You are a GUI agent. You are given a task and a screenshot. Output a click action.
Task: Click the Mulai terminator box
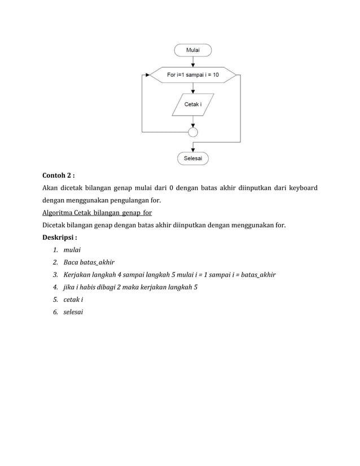193,50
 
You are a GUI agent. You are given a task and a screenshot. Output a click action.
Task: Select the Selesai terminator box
193,159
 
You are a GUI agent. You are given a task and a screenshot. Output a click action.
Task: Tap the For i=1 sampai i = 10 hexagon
193,74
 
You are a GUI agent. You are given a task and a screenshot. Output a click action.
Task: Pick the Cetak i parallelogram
193,104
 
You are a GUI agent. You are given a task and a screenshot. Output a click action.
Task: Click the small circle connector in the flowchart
193,132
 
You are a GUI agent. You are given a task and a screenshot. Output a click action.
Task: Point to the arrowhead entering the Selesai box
193,149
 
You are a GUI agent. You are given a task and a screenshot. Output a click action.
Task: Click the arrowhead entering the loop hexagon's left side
148,74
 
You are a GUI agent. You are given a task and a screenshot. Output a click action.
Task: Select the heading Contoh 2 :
59,175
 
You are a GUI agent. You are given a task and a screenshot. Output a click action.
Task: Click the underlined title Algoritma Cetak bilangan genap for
97,213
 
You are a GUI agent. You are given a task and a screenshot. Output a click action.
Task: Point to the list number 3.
55,275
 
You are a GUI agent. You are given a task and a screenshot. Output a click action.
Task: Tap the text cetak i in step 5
73,300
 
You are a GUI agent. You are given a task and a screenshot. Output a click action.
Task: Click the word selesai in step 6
73,312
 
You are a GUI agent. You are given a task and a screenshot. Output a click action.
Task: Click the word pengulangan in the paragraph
134,200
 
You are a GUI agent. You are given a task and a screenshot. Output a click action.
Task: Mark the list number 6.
55,312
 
